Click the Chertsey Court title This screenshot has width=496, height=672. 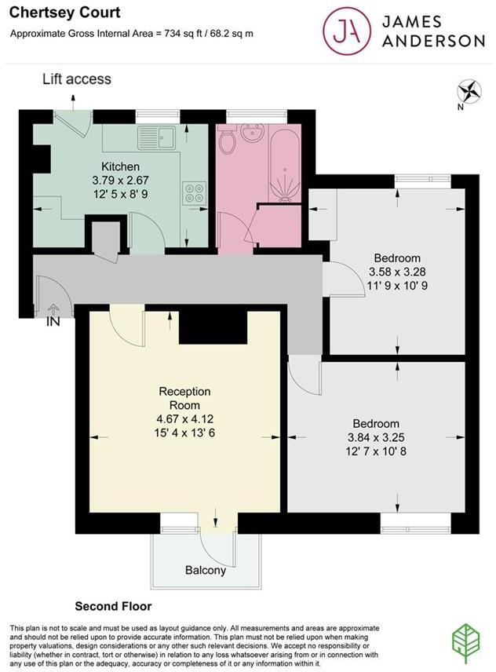pyautogui.click(x=53, y=13)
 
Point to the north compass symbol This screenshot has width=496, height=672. pyautogui.click(x=471, y=92)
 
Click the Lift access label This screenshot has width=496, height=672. pyautogui.click(x=76, y=79)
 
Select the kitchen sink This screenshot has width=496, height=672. pyautogui.click(x=159, y=137)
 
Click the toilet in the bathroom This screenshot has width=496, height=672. pyautogui.click(x=228, y=142)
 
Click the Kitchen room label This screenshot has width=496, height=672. pyautogui.click(x=121, y=166)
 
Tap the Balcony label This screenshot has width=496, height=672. pyautogui.click(x=206, y=570)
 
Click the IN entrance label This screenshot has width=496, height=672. pyautogui.click(x=53, y=321)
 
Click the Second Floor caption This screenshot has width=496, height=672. pyautogui.click(x=113, y=606)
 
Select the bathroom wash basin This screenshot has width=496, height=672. pyautogui.click(x=253, y=135)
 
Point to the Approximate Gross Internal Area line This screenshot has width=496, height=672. pyautogui.click(x=131, y=33)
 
